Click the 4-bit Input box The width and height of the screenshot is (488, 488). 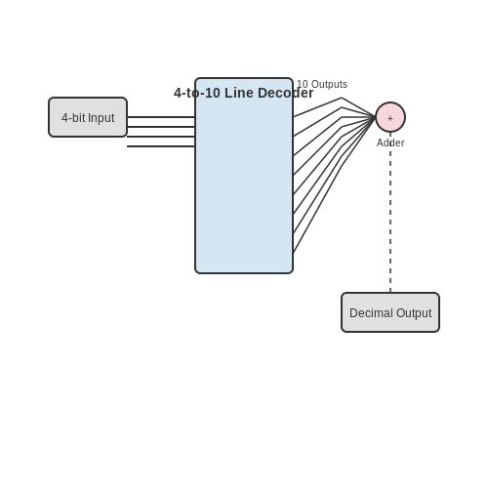(88, 117)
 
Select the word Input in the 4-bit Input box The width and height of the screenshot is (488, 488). (102, 118)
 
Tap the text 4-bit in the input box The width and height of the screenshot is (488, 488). (73, 118)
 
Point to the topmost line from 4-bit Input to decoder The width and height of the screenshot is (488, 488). (161, 117)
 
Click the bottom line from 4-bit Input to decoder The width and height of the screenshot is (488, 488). (161, 146)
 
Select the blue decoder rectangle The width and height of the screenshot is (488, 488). (244, 176)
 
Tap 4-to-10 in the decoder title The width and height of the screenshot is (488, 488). (197, 93)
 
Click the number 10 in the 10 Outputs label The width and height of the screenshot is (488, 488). (303, 84)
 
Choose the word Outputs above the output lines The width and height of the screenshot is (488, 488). (329, 85)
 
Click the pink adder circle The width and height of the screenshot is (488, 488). (390, 117)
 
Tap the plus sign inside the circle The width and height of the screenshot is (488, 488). (390, 118)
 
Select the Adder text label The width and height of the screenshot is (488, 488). (390, 142)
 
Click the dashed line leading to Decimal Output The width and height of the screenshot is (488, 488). (390, 212)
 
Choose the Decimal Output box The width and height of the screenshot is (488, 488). (390, 312)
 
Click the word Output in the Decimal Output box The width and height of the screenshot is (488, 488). (414, 313)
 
